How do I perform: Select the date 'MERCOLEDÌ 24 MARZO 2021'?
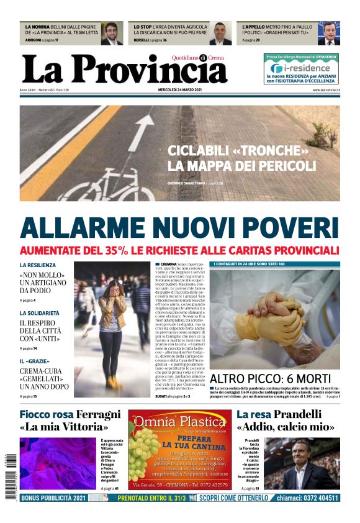pos(180,90)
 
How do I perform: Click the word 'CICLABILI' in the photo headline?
pos(202,152)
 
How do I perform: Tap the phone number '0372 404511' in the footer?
pos(316,498)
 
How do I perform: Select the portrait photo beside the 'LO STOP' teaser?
pos(220,34)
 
